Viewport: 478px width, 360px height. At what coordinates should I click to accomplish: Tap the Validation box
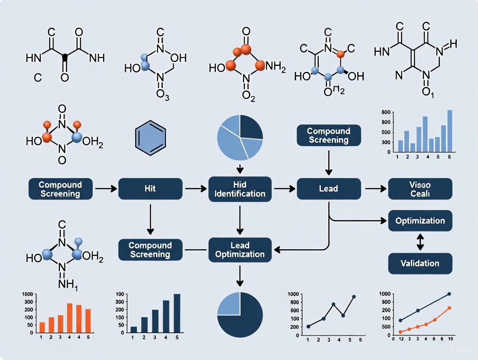[x=420, y=263]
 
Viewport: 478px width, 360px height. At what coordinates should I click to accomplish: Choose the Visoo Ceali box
[x=420, y=189]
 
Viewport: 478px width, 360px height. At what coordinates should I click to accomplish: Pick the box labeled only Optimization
[x=420, y=221]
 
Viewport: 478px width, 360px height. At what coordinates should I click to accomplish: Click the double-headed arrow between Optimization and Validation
[x=420, y=242]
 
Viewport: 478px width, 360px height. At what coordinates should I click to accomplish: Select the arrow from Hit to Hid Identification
[x=197, y=189]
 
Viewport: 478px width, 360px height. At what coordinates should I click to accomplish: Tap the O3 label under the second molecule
[x=163, y=97]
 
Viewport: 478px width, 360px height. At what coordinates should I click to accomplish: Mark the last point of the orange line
[x=449, y=308]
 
